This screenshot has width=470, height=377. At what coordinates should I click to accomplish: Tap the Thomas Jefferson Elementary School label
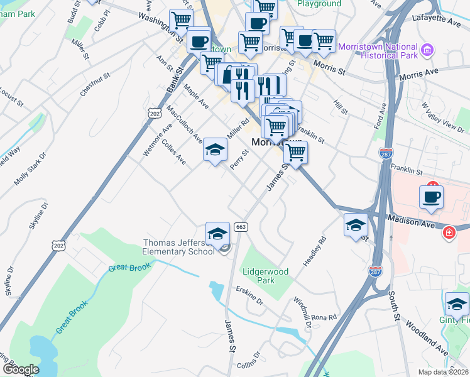pyautogui.click(x=179, y=248)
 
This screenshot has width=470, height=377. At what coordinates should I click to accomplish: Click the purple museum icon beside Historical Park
pyautogui.click(x=427, y=50)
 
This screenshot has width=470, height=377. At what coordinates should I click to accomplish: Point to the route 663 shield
pyautogui.click(x=240, y=226)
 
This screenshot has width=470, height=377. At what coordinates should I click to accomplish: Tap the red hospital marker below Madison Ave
pyautogui.click(x=449, y=233)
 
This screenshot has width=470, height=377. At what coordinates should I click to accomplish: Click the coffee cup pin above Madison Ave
pyautogui.click(x=431, y=197)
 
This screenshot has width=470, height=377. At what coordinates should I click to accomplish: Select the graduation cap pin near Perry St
pyautogui.click(x=215, y=151)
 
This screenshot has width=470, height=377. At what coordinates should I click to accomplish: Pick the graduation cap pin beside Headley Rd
pyautogui.click(x=356, y=225)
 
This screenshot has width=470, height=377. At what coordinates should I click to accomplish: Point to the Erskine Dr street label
pyautogui.click(x=249, y=296)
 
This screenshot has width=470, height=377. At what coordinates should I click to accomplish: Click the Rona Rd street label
pyautogui.click(x=324, y=317)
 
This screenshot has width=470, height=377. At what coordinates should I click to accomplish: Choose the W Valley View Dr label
pyautogui.click(x=442, y=117)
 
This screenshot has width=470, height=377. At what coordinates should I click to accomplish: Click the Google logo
pyautogui.click(x=21, y=369)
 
